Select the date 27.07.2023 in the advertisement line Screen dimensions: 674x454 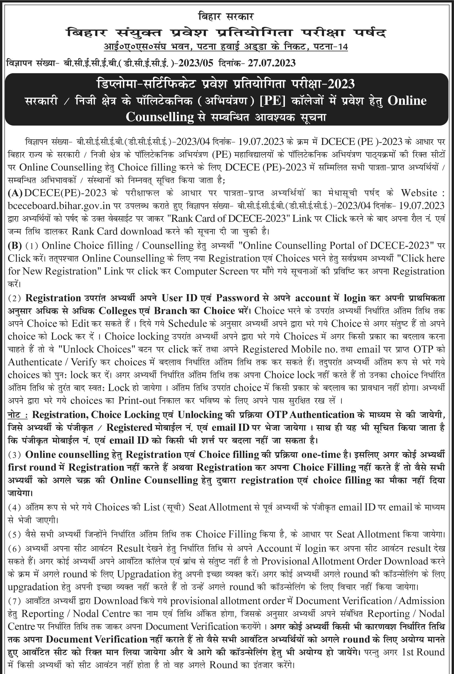[271, 63]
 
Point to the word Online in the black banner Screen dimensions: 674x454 [407, 101]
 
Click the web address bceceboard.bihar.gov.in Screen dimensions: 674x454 [59, 205]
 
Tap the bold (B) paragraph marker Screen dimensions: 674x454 [15, 245]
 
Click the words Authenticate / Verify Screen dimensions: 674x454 [52, 362]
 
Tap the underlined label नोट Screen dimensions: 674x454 [17, 415]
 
